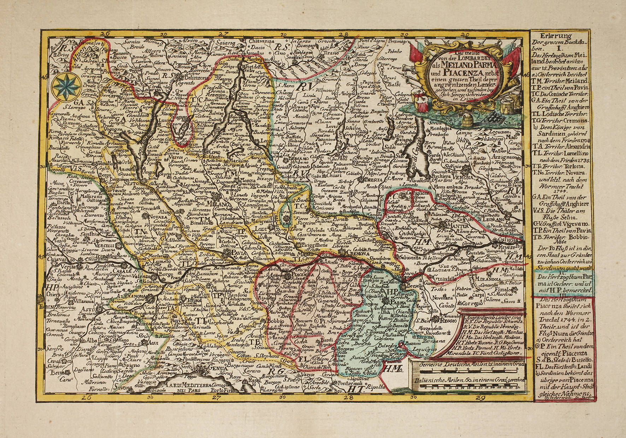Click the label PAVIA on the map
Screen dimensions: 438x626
point(237,253)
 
